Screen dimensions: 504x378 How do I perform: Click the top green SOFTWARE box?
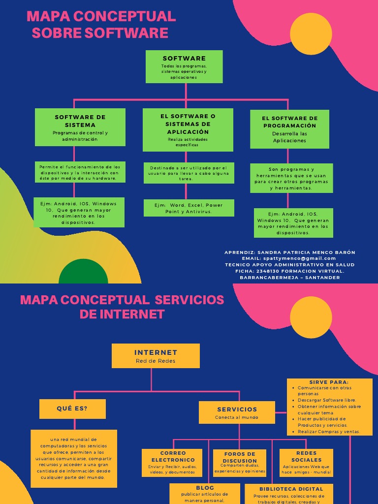pyautogui.click(x=184, y=66)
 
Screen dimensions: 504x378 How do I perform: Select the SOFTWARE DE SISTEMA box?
pyautogui.click(x=80, y=127)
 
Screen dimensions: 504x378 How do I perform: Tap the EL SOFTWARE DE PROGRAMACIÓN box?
pyautogui.click(x=289, y=129)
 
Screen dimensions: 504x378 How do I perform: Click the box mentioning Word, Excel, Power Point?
pyautogui.click(x=189, y=208)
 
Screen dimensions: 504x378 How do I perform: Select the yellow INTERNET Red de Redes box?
pyautogui.click(x=156, y=356)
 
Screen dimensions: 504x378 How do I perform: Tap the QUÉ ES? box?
pyautogui.click(x=72, y=409)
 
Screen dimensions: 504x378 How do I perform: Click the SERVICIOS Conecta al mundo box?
pyautogui.click(x=237, y=412)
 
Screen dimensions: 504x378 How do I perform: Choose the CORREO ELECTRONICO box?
pyautogui.click(x=172, y=463)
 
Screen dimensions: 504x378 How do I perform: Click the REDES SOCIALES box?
pyautogui.click(x=306, y=463)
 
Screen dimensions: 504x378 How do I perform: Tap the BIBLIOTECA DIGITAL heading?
pyautogui.click(x=291, y=489)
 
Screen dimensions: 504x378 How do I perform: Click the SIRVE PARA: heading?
pyautogui.click(x=329, y=382)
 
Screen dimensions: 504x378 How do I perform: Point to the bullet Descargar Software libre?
pyautogui.click(x=327, y=400)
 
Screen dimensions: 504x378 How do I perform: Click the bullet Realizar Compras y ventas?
pyautogui.click(x=329, y=432)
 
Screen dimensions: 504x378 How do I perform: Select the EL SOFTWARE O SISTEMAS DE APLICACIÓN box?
pyautogui.click(x=188, y=130)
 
